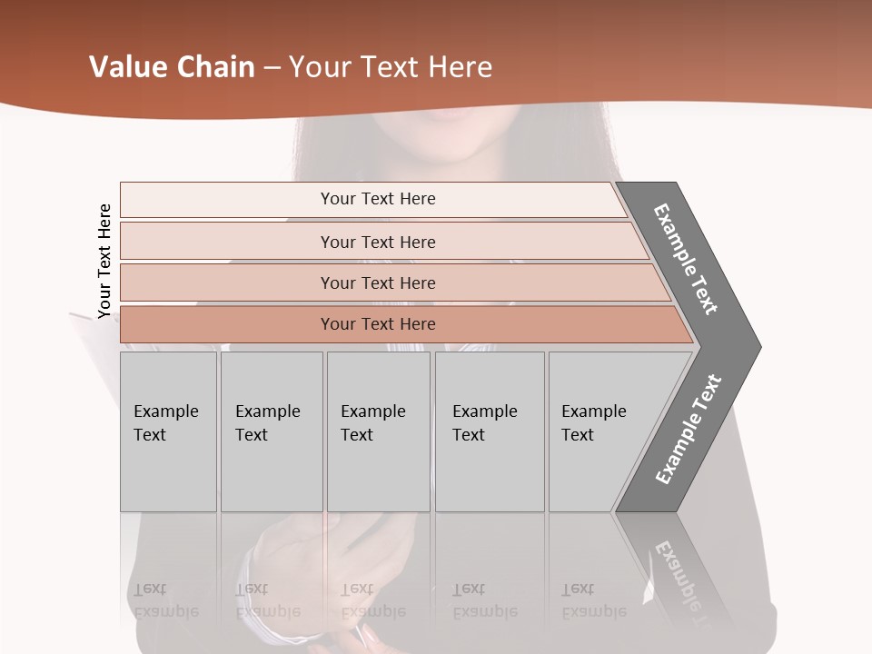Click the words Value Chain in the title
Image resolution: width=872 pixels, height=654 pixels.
pos(172,67)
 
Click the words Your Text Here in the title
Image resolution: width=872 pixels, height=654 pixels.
pos(391,67)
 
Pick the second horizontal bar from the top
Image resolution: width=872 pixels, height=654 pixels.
pos(377,242)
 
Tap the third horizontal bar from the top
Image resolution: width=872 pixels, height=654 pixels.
pos(377,282)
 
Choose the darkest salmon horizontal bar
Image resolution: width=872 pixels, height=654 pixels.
pos(377,324)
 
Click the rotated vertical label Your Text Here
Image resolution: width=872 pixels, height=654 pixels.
pos(104,261)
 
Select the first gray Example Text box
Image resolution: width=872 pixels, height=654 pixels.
pos(168,431)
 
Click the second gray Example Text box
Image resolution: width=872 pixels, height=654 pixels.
pos(271,431)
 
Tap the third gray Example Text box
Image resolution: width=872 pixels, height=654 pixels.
pos(378,431)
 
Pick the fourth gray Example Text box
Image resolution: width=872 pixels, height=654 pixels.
pos(489,431)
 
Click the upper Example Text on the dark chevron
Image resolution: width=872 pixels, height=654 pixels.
pos(687,258)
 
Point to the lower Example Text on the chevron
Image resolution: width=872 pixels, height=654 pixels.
pos(689,429)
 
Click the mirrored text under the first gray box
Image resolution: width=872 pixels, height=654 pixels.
pos(165,600)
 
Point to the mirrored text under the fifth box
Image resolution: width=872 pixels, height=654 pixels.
pos(593,600)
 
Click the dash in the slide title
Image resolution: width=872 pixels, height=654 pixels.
pos(272,68)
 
